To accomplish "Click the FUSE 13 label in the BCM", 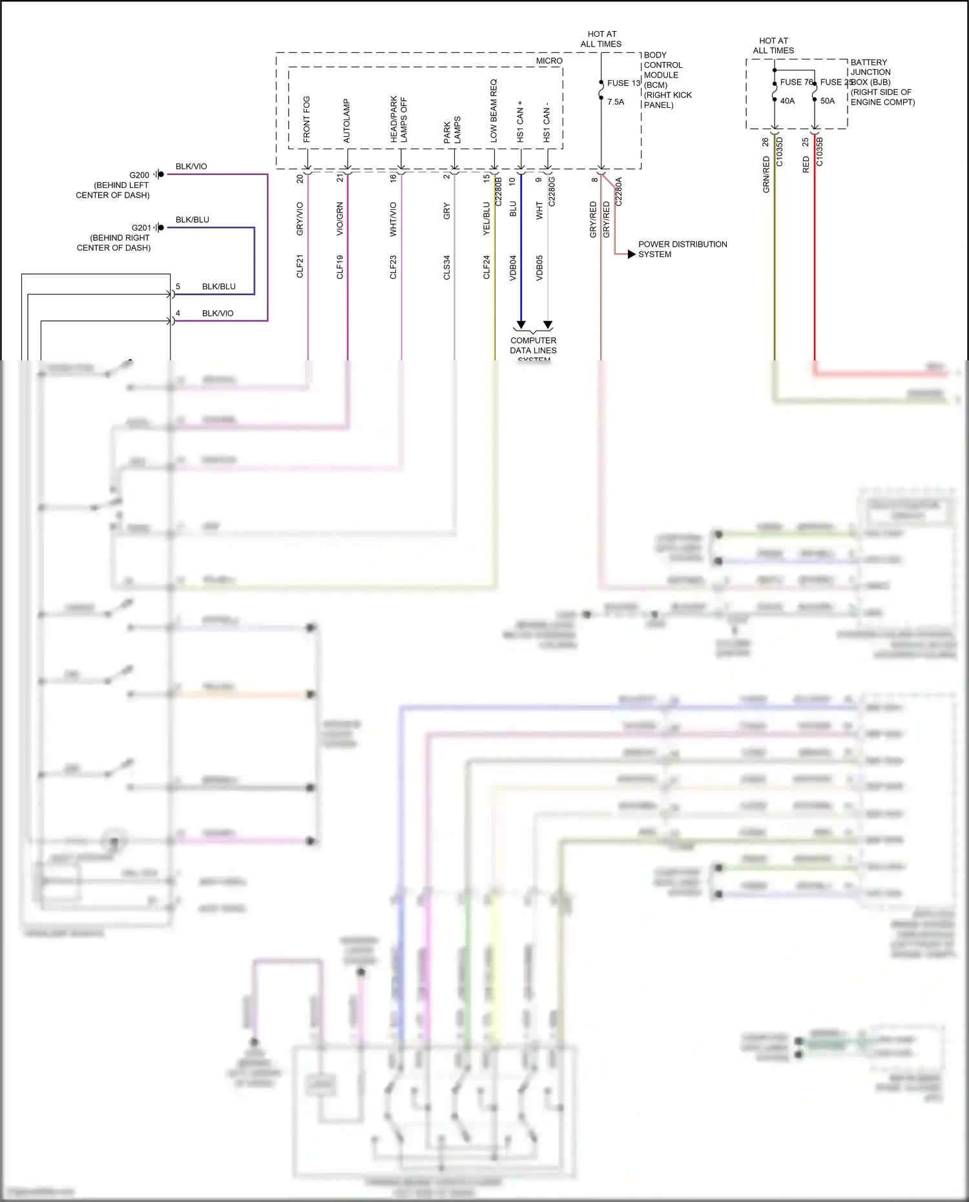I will pos(623,83).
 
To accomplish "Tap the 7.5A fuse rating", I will pos(616,102).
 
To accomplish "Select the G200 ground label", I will pos(139,175).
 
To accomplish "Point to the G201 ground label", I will pos(141,228).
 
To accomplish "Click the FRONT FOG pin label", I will pos(307,119).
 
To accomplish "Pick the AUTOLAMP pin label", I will pos(347,121).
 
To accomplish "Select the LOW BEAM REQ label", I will pos(494,111).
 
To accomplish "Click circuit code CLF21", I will pos(300,267).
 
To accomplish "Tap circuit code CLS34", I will pos(446,267).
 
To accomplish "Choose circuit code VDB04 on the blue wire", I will pos(513,267).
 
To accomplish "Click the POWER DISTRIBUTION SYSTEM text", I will pos(682,249).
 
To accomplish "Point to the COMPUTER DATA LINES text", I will pos(533,346).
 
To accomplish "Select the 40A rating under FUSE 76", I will pos(787,101).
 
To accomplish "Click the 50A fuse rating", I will pos(828,101).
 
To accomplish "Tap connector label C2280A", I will pos(618,192).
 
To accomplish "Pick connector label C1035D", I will pos(780,152).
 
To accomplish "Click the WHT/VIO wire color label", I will pos(393,220).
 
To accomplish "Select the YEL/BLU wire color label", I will pos(486,219).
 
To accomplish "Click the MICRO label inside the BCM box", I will pos(549,61).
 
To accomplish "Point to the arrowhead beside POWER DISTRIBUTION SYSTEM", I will pos(631,254).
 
